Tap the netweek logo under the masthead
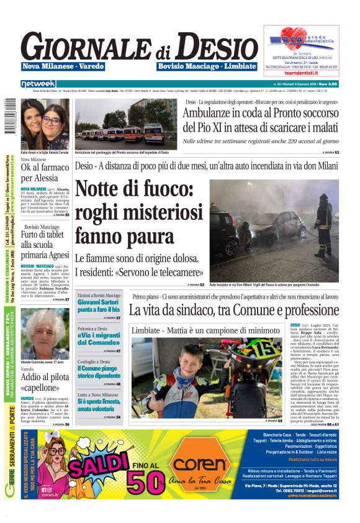coord(38,83)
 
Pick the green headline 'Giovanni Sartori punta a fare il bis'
coord(99,306)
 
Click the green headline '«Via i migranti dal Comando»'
coord(99,339)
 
